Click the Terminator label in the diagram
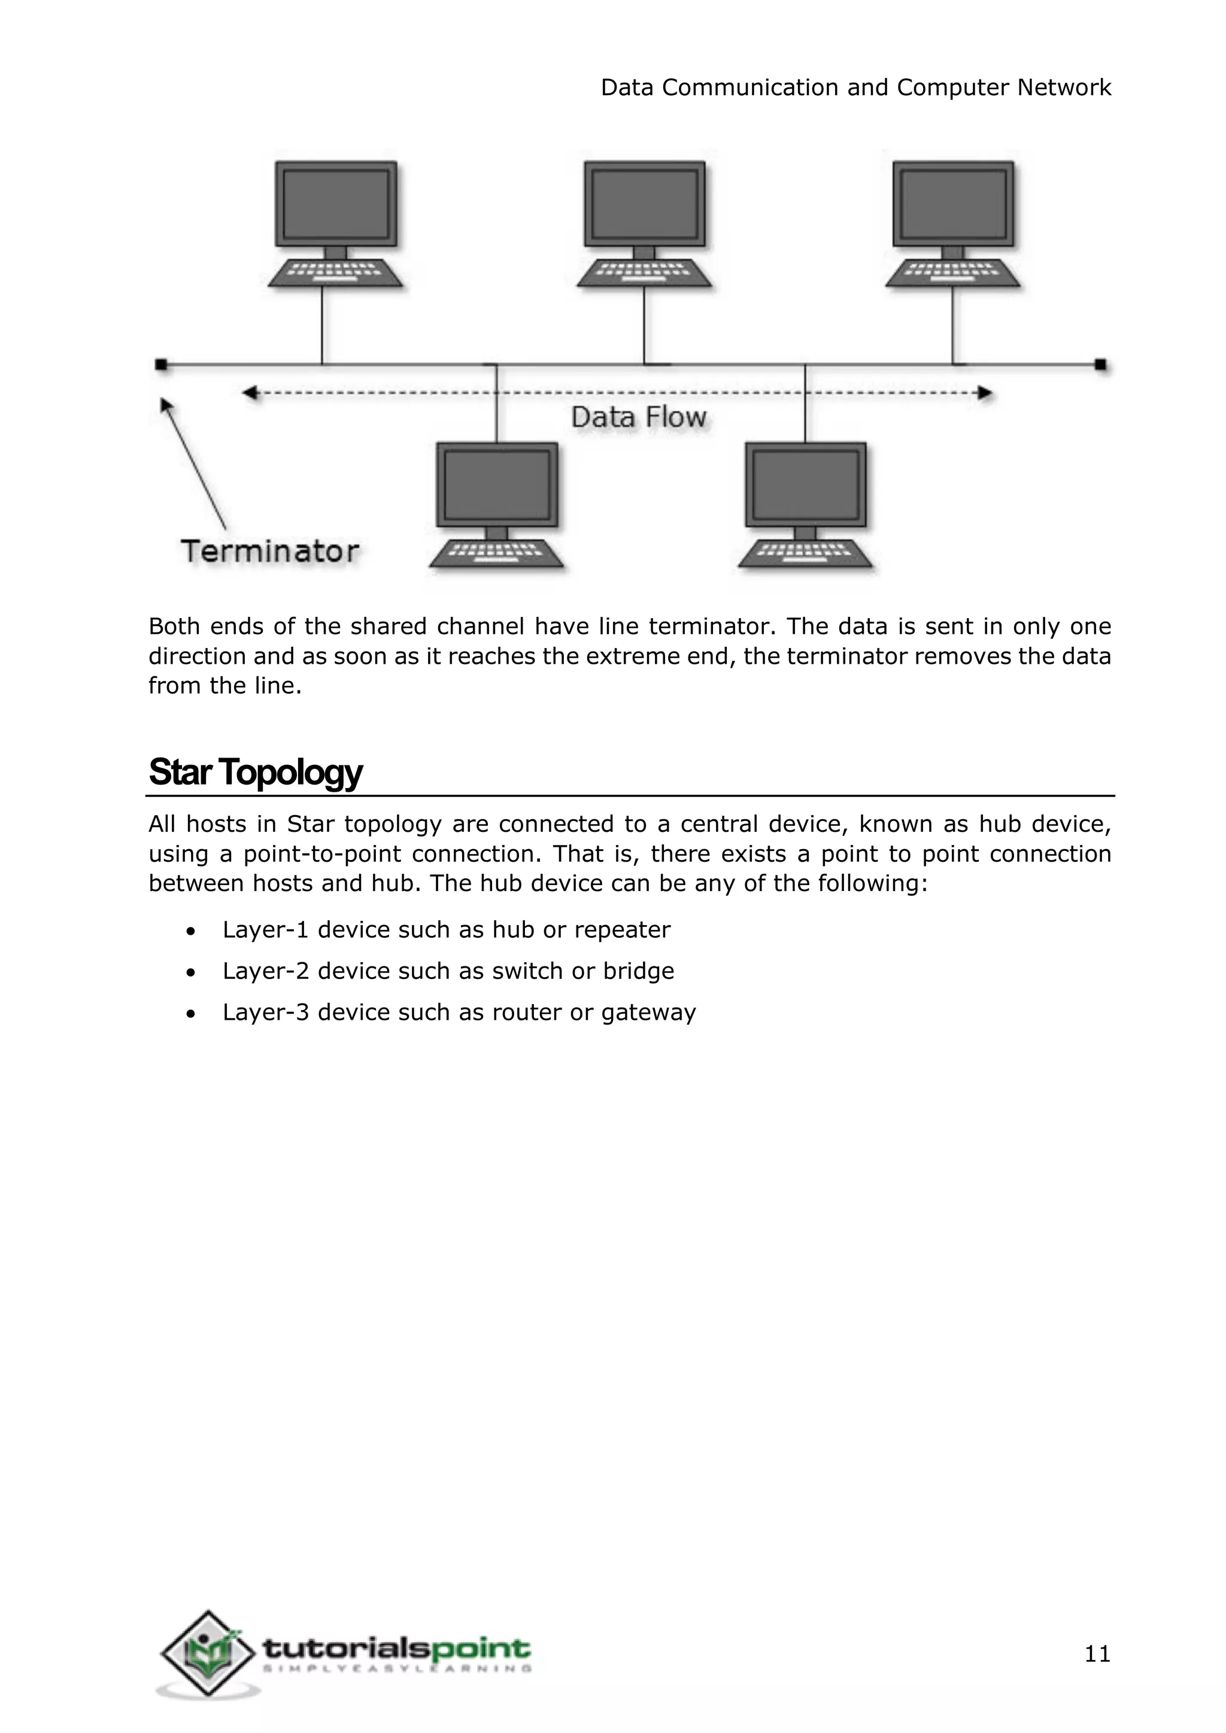pyautogui.click(x=269, y=551)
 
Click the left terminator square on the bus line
pyautogui.click(x=161, y=364)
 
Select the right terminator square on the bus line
pyautogui.click(x=1101, y=364)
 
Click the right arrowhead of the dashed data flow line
pyautogui.click(x=985, y=393)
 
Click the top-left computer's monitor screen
pyautogui.click(x=336, y=204)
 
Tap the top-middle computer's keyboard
pyautogui.click(x=644, y=273)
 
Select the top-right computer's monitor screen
pyautogui.click(x=952, y=204)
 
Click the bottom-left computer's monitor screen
pyautogui.click(x=497, y=485)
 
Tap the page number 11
pyautogui.click(x=1097, y=1654)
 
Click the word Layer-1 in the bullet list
pyautogui.click(x=265, y=930)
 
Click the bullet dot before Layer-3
pyautogui.click(x=191, y=1014)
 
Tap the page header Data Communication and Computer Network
pyautogui.click(x=855, y=87)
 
